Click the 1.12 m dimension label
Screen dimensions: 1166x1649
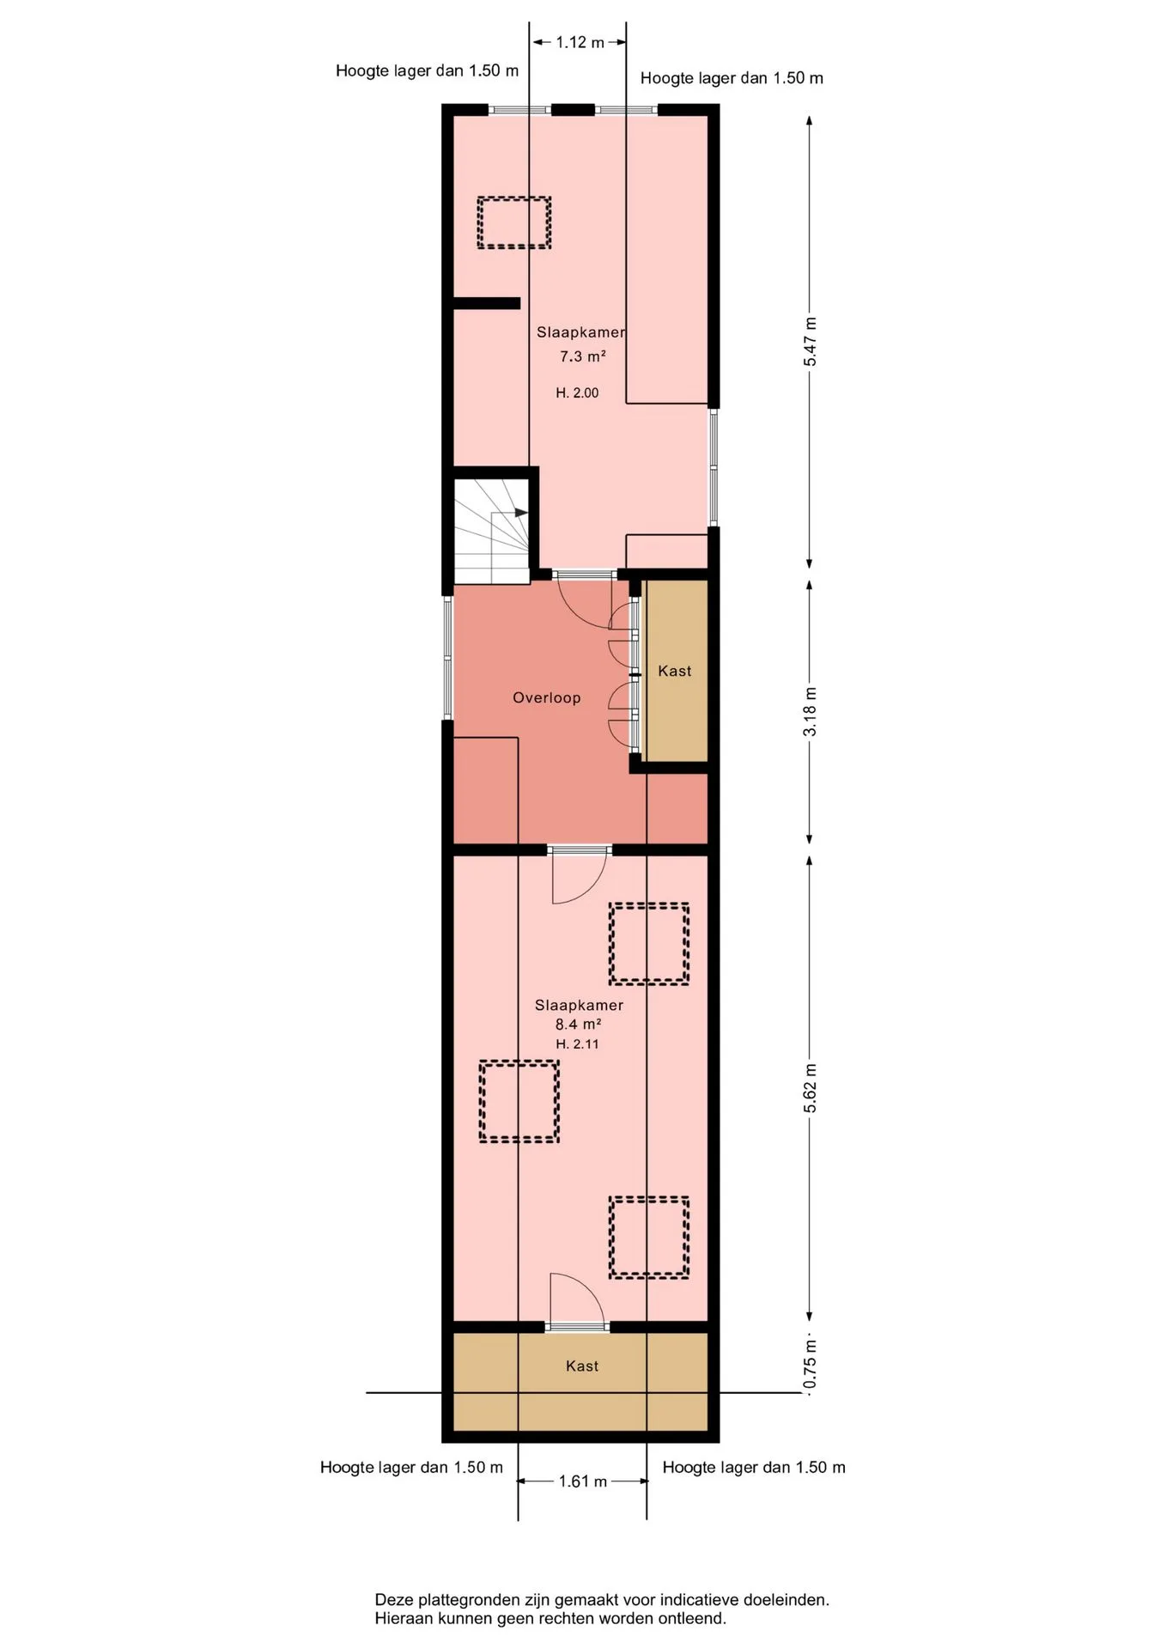point(580,42)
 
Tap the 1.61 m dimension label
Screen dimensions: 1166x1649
point(583,1481)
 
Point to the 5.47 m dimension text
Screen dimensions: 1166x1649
point(811,342)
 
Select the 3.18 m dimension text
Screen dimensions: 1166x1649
point(811,711)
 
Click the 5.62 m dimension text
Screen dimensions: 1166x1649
point(811,1088)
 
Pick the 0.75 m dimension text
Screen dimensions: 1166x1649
point(811,1365)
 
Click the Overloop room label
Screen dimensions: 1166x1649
point(547,697)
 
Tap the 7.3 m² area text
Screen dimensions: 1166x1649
point(583,356)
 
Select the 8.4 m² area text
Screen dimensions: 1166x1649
point(578,1024)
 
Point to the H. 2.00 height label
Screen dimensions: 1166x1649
point(577,392)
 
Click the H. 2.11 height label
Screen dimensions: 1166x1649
point(577,1044)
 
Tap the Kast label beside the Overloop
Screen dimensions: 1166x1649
point(675,671)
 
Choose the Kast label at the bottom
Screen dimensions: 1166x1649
point(582,1366)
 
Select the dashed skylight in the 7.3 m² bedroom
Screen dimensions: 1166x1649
point(514,223)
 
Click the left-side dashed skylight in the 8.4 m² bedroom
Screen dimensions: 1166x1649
point(519,1101)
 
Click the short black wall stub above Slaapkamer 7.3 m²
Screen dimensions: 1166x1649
point(486,303)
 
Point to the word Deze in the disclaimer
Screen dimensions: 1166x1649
point(392,1600)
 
